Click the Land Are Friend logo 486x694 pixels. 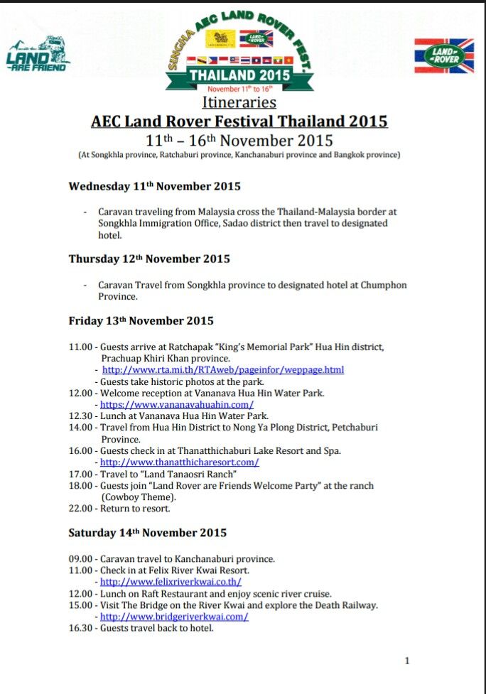coord(38,54)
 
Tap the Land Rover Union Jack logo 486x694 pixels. coord(444,55)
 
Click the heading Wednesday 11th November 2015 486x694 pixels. coord(154,187)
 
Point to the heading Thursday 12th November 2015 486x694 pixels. coord(149,259)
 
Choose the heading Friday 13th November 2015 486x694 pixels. coord(141,321)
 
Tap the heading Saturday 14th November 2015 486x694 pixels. coord(147,533)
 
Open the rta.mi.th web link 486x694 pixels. coord(223,370)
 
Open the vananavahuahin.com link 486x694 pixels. coord(177,404)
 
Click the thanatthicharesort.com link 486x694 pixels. coord(179,462)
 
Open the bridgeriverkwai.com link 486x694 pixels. coord(174,617)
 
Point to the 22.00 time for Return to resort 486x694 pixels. coord(80,509)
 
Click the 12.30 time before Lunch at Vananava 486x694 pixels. coord(80,416)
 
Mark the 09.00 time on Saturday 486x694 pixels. coord(80,559)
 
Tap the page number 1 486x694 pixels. coord(407,661)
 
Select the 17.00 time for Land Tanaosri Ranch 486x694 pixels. coord(80,474)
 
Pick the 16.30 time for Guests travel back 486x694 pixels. coord(80,628)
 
